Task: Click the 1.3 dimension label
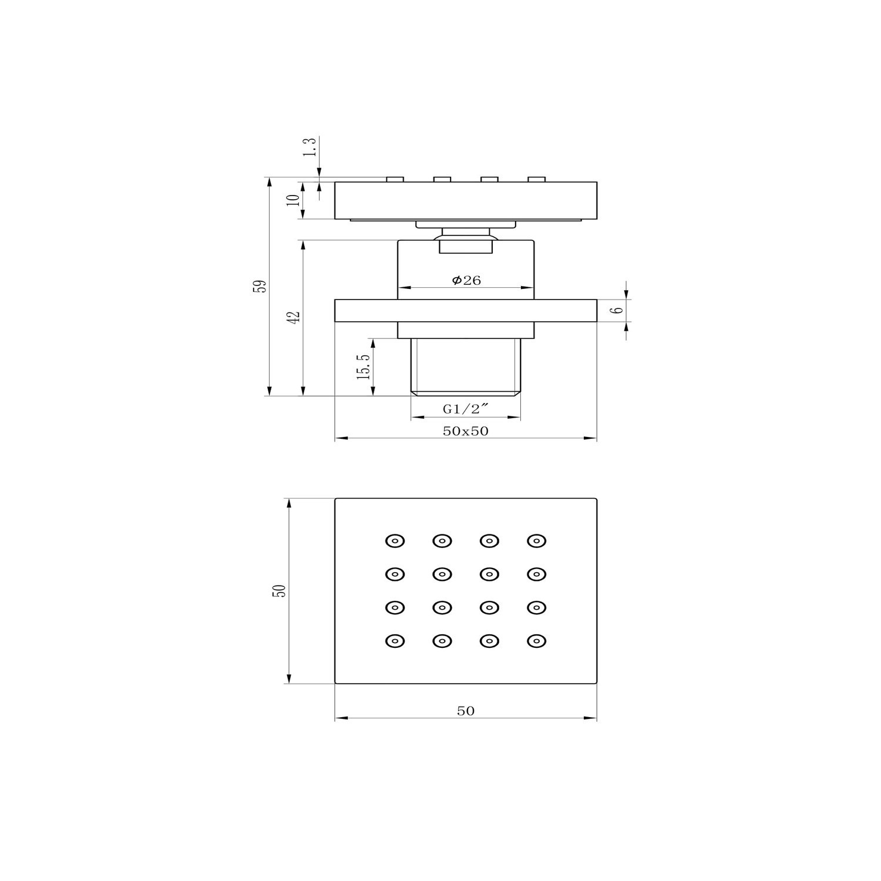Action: click(310, 147)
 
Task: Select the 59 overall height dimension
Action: click(263, 286)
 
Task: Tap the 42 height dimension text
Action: click(296, 316)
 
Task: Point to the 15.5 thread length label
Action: click(364, 366)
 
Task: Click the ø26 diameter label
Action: click(466, 281)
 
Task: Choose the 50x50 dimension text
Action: click(466, 431)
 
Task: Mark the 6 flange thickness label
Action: click(617, 310)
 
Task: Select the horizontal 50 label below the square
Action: click(466, 711)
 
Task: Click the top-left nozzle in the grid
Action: click(395, 540)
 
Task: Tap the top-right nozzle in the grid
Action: click(536, 540)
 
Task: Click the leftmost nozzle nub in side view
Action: click(395, 179)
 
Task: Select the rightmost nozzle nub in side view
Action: click(536, 179)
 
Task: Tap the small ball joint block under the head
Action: click(466, 247)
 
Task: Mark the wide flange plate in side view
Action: click(466, 311)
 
